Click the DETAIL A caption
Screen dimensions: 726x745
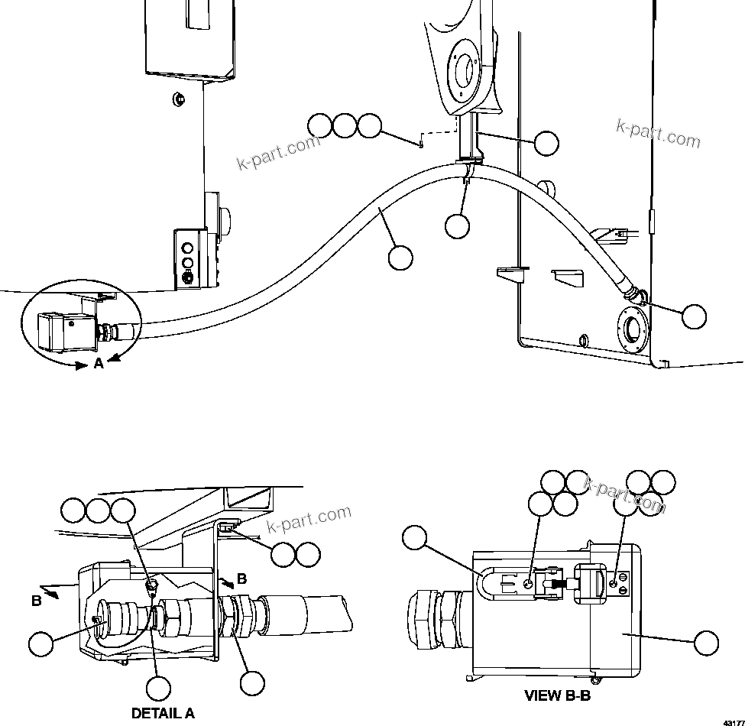click(163, 713)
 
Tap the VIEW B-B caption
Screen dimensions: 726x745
click(557, 695)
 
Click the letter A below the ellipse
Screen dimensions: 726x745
click(98, 364)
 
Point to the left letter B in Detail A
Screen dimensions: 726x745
click(36, 601)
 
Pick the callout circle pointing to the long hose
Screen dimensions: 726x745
click(400, 258)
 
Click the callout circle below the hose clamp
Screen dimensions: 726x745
click(457, 225)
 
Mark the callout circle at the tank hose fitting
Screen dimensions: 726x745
click(694, 316)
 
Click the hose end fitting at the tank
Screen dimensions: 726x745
click(631, 292)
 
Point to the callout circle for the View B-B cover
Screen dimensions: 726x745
click(705, 643)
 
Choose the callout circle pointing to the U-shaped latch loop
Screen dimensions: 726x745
click(413, 538)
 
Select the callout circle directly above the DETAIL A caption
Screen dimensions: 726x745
click(158, 688)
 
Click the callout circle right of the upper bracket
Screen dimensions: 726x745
click(546, 143)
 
